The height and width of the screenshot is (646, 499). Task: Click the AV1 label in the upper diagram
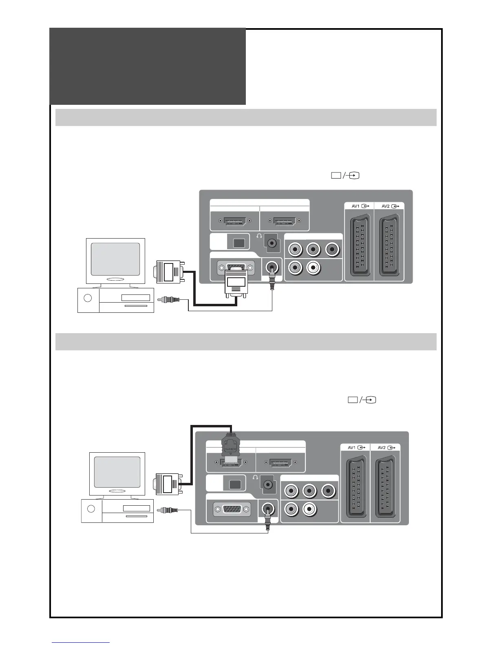pos(355,206)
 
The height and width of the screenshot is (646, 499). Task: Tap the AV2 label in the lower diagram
pos(381,447)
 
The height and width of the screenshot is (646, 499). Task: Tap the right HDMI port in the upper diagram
pos(284,221)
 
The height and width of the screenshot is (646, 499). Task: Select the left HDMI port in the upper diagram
pos(234,221)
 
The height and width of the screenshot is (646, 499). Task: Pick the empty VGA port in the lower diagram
pos(232,509)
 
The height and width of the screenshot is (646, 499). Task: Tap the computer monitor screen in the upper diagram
pos(115,259)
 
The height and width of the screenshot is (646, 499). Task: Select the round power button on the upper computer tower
pos(88,298)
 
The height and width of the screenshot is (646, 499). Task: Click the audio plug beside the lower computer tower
pos(169,510)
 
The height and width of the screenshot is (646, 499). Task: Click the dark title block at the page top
pos(148,66)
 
